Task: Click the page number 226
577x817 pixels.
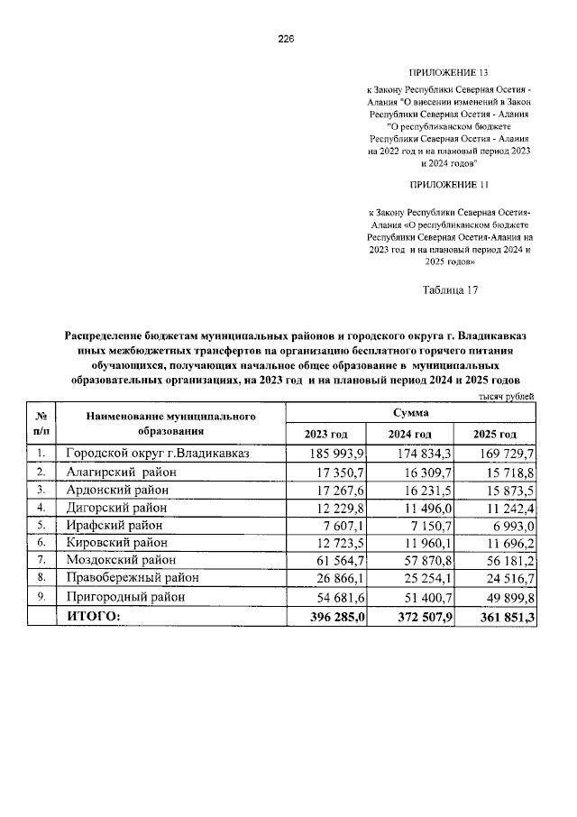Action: [x=287, y=39]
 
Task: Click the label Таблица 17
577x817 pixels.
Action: [x=449, y=290]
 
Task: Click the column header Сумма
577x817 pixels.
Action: [x=410, y=411]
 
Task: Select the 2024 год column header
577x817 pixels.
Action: [x=410, y=435]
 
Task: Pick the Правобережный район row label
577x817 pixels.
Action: [x=132, y=578]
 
